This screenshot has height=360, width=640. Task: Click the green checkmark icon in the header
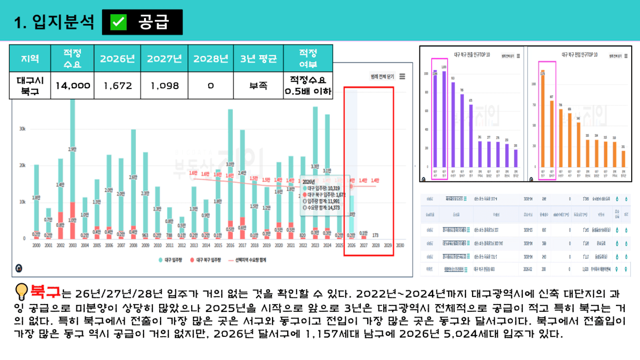[118, 22]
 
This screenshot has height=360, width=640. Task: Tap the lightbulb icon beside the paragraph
[21, 291]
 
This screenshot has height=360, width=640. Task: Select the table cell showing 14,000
[73, 86]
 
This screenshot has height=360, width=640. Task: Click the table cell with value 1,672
[117, 86]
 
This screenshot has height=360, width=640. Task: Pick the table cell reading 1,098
[165, 86]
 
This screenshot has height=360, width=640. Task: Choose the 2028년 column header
[211, 59]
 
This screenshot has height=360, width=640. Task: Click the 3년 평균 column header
[258, 59]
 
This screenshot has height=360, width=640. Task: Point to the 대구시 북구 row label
[30, 85]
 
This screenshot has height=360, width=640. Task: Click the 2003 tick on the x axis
[73, 245]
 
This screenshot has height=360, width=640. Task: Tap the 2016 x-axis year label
[230, 245]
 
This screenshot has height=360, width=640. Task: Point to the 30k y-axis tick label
[22, 129]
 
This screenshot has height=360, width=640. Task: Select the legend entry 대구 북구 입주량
[208, 260]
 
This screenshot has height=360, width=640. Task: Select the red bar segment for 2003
[73, 221]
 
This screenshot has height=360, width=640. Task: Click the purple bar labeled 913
[453, 124]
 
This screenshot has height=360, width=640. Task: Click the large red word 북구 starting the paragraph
[45, 291]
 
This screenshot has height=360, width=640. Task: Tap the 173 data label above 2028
[375, 235]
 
